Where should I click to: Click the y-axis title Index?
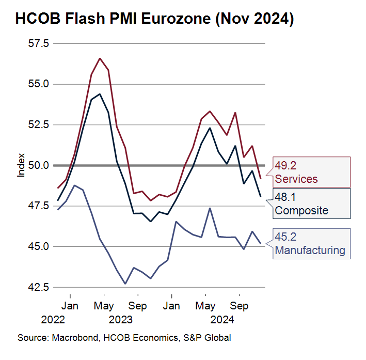coord(21,165)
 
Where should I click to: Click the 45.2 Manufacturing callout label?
coord(309,244)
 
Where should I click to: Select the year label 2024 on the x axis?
coord(222,320)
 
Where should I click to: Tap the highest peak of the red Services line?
coord(100,58)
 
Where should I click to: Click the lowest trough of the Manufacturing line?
coord(125,284)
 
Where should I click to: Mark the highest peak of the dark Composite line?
coord(100,94)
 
